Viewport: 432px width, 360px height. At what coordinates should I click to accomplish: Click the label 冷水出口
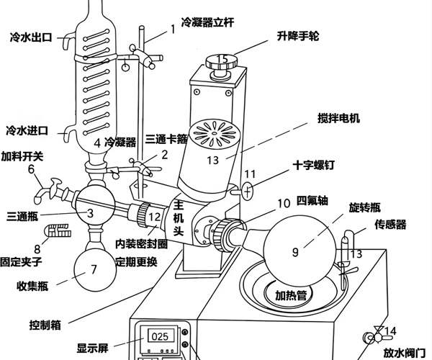tap(31, 35)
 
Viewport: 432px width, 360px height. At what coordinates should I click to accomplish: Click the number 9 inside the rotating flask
tap(295, 251)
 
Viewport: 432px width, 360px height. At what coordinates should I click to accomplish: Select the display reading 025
tap(159, 335)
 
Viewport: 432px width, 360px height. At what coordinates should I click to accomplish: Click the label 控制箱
tap(47, 322)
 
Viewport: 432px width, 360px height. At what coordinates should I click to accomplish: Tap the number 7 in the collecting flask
tap(94, 271)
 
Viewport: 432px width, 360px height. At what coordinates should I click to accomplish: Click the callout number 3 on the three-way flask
tap(90, 212)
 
